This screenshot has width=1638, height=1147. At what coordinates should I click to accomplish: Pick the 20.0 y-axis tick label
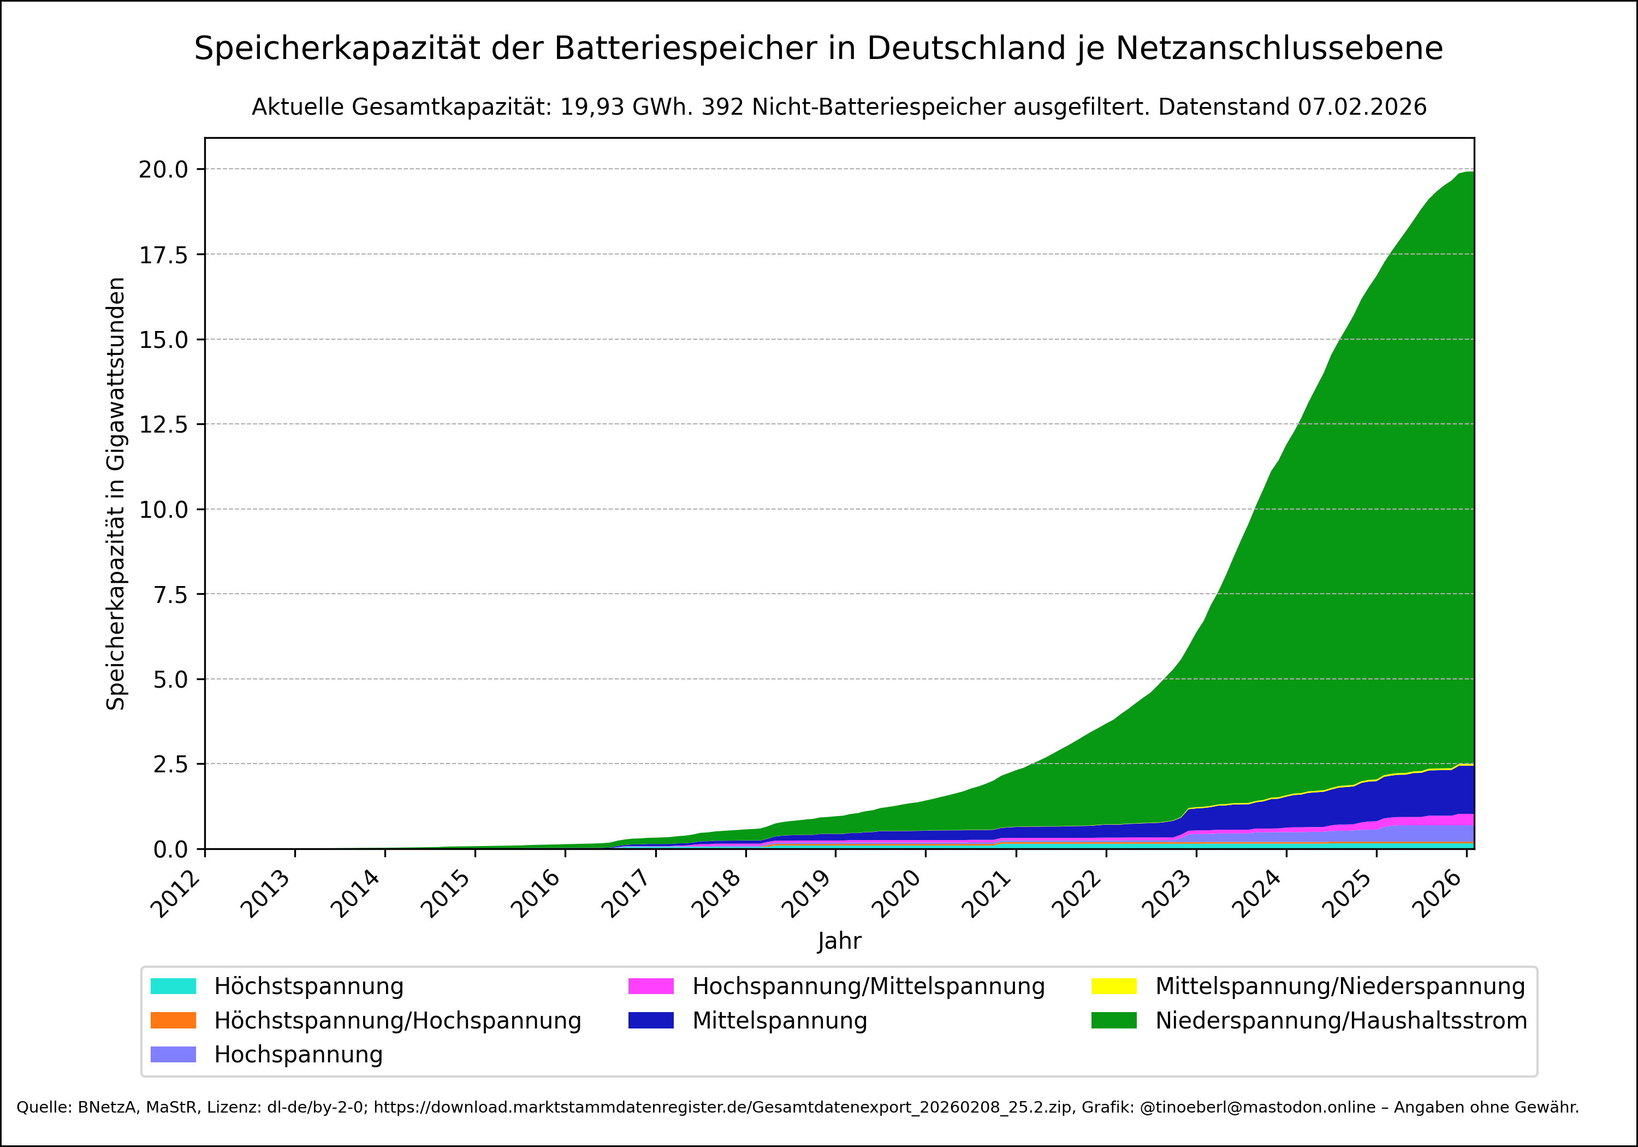pyautogui.click(x=163, y=170)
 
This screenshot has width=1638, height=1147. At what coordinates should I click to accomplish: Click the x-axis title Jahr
pyautogui.click(x=839, y=941)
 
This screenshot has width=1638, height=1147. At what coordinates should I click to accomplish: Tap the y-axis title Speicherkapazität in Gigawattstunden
pyautogui.click(x=116, y=493)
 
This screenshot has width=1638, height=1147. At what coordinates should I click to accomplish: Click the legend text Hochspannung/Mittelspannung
pyautogui.click(x=868, y=986)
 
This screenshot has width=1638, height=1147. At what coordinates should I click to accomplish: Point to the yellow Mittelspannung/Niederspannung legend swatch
pyautogui.click(x=1114, y=986)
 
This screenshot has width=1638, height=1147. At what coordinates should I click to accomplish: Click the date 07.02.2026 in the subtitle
pyautogui.click(x=1362, y=107)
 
